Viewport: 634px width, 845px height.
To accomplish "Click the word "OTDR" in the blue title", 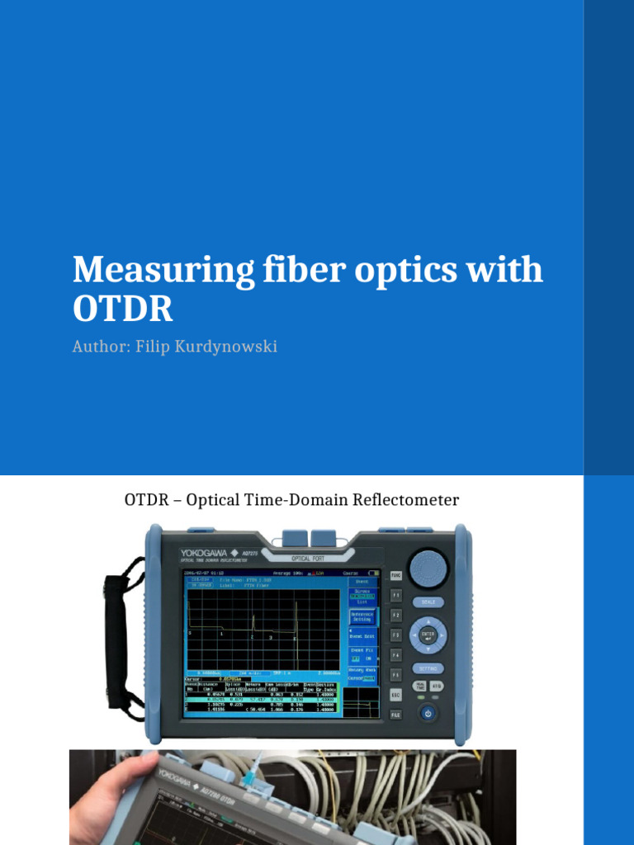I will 123,309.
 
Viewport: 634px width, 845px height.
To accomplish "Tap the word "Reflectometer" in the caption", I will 408,500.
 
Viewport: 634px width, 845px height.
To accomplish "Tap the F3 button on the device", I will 395,635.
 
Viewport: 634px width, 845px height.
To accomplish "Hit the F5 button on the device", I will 395,674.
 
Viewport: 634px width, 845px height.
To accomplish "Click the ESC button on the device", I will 395,695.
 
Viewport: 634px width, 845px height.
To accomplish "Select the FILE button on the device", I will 395,715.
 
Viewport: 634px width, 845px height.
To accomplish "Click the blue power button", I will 427,713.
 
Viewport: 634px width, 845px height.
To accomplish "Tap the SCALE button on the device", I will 428,602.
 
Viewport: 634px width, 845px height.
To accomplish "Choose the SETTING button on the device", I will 428,668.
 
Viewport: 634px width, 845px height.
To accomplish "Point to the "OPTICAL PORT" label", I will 307,559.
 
